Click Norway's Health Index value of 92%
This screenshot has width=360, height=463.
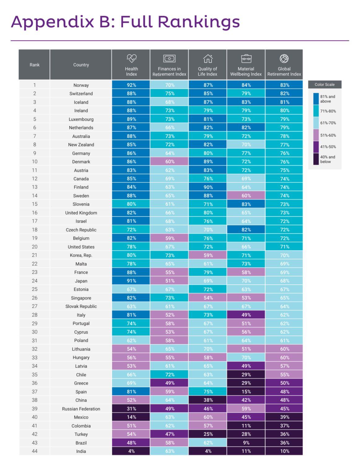click(x=131, y=85)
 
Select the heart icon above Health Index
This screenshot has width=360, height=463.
click(x=132, y=58)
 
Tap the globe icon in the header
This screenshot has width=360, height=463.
click(x=284, y=58)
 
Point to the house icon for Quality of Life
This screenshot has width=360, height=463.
click(x=208, y=58)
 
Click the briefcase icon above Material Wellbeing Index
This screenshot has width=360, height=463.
click(x=246, y=58)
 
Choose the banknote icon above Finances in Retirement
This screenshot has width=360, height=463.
click(x=169, y=58)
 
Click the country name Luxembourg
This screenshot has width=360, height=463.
click(x=81, y=119)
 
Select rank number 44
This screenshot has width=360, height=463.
click(x=35, y=451)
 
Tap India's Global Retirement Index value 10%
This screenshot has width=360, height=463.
click(x=284, y=451)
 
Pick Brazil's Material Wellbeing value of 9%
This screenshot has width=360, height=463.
click(x=246, y=443)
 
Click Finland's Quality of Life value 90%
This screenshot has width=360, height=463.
click(x=208, y=187)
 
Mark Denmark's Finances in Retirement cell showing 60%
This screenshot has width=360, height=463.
click(x=170, y=162)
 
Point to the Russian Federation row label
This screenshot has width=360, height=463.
click(x=81, y=409)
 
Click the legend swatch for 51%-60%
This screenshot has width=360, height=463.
click(x=316, y=135)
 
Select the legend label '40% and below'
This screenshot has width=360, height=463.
click(x=327, y=159)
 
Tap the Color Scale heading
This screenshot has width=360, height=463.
click(x=324, y=85)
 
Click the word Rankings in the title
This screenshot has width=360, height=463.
click(x=198, y=22)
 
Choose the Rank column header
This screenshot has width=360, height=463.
click(x=35, y=65)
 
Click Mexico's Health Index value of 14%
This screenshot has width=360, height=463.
click(x=131, y=417)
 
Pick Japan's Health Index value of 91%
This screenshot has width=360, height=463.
click(x=131, y=281)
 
